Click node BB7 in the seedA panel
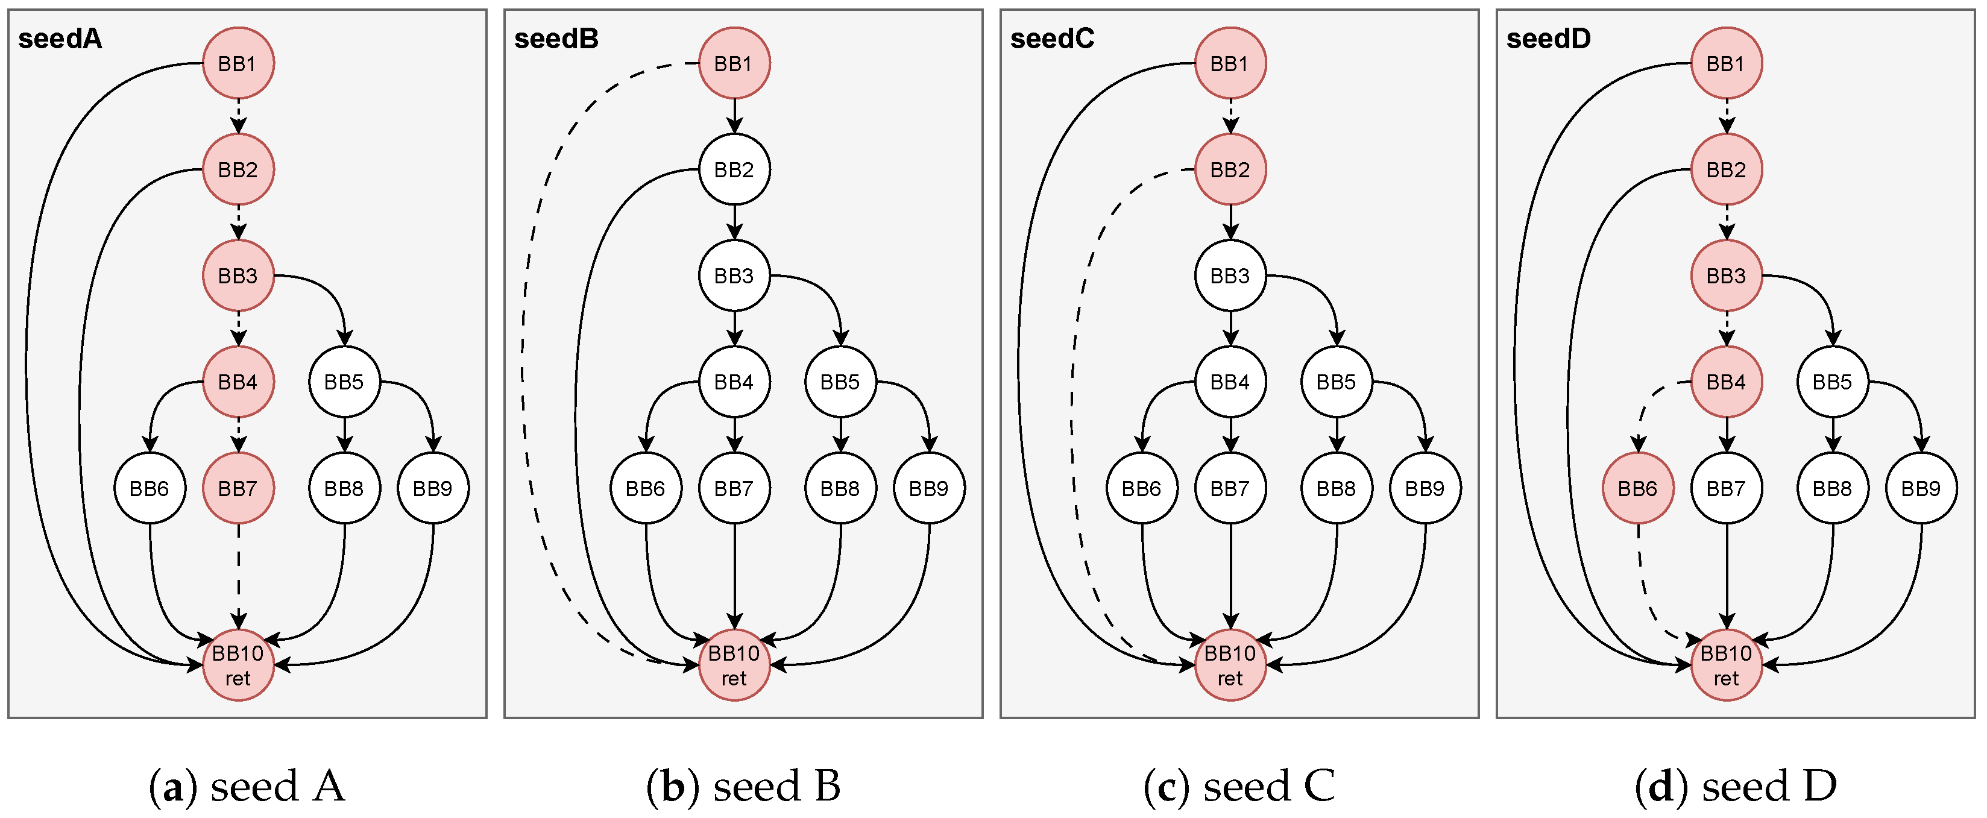[x=238, y=488]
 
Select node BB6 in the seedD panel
[x=1637, y=488]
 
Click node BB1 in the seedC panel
[x=1230, y=63]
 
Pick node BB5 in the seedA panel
[x=345, y=382]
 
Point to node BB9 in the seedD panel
[x=1921, y=488]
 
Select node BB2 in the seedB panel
[x=734, y=169]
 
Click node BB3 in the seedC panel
[x=1230, y=275]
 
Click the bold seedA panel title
[x=60, y=39]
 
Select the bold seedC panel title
[x=1052, y=39]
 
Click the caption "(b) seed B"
[x=743, y=787]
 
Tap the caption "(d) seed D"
[x=1736, y=787]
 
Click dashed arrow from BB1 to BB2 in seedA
[x=238, y=116]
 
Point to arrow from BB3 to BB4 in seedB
[x=734, y=328]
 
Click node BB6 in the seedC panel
[x=1142, y=488]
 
